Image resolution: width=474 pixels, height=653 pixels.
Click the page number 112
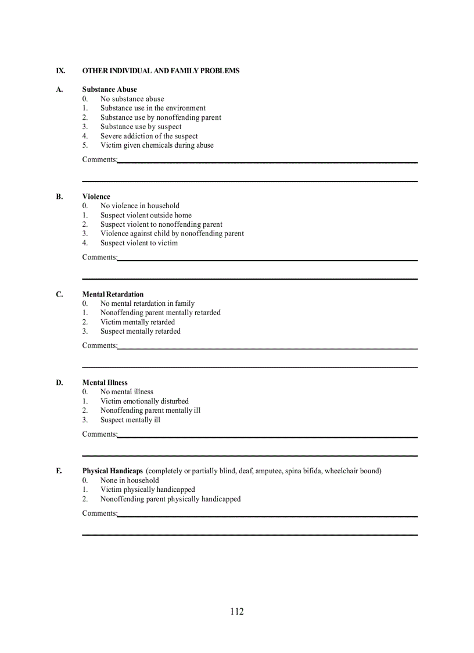tap(236, 611)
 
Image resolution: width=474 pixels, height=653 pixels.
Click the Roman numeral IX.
tap(60, 71)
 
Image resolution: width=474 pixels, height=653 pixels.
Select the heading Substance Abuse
tap(110, 90)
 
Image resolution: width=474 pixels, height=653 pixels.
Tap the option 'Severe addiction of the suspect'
tap(149, 136)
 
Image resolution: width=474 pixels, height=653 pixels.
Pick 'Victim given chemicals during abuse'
tap(157, 145)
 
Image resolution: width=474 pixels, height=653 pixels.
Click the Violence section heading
tap(96, 197)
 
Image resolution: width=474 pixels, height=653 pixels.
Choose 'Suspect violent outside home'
tap(146, 215)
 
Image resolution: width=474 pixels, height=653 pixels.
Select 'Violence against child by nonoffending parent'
tap(172, 234)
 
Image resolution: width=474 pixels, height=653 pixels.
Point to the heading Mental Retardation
tap(113, 294)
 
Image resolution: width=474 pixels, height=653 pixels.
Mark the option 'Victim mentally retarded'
tap(138, 322)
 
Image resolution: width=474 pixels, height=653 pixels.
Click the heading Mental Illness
tap(105, 383)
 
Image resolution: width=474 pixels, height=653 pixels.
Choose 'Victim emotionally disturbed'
tap(145, 401)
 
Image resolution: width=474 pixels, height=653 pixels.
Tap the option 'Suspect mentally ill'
tap(130, 420)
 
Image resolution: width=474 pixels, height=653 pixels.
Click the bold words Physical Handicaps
tap(112, 471)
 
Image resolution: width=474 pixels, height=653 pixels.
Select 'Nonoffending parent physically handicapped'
tap(170, 499)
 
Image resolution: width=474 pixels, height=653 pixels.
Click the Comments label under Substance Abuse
tap(99, 159)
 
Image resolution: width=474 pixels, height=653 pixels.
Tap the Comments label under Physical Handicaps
tap(99, 513)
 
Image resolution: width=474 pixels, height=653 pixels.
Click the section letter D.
tap(59, 383)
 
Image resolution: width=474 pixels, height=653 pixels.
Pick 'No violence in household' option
tap(140, 206)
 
